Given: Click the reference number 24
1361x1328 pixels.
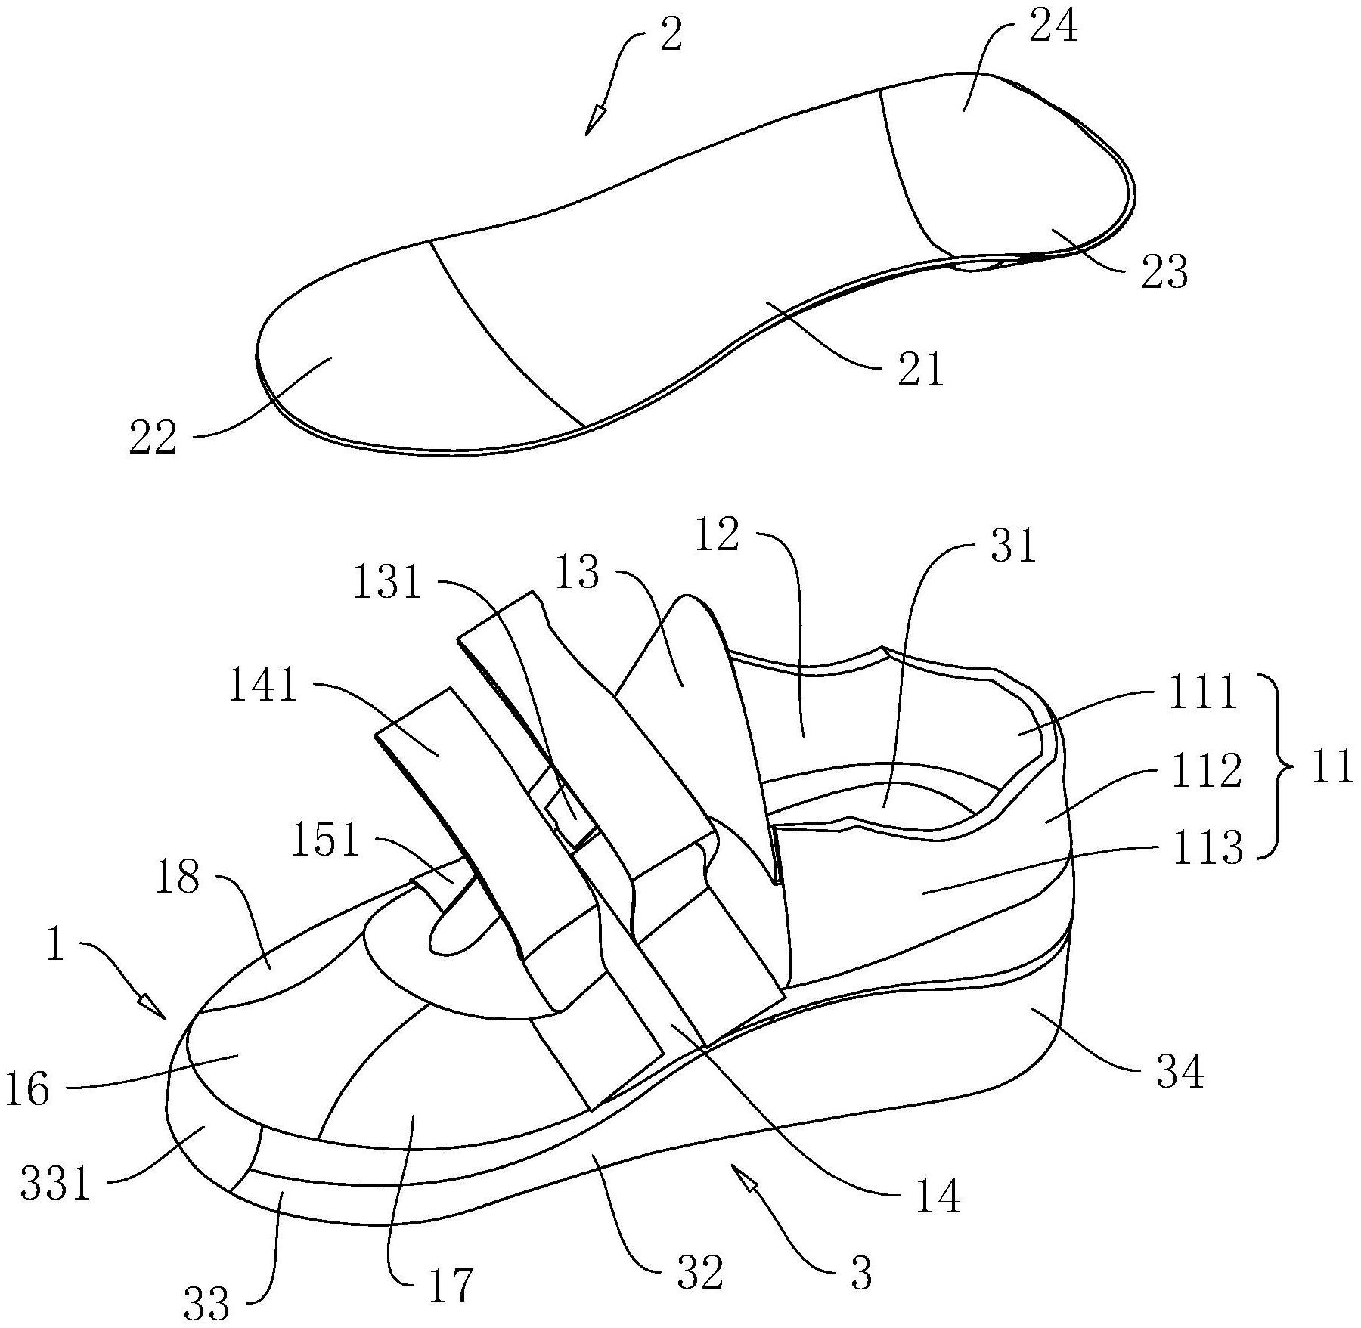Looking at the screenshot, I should [1053, 28].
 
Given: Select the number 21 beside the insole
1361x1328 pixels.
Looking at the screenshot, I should [921, 370].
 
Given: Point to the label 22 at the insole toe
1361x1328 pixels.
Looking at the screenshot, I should [152, 438].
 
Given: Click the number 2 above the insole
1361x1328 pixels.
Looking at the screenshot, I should [671, 36].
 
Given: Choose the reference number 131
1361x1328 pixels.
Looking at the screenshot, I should [388, 584].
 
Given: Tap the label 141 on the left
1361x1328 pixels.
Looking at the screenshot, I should [262, 688].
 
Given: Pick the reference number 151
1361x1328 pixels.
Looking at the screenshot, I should [326, 840].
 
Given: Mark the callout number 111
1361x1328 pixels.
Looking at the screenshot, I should [1203, 693].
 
